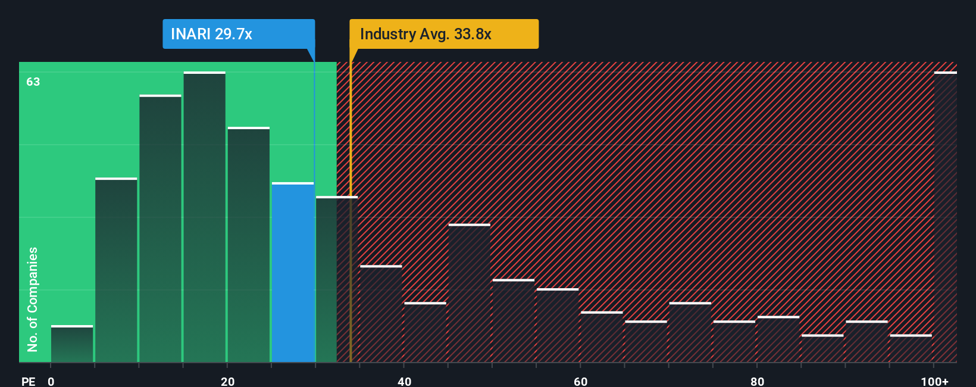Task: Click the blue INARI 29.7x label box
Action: [x=238, y=34]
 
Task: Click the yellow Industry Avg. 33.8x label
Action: [x=443, y=34]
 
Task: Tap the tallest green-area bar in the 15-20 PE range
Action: [x=205, y=217]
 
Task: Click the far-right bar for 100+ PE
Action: [x=945, y=217]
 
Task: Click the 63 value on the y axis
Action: [x=33, y=82]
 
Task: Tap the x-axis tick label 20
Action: [x=227, y=381]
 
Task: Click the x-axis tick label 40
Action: [x=404, y=381]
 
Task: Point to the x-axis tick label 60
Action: [x=581, y=381]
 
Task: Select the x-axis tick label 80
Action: [x=757, y=381]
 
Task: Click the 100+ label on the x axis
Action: [x=934, y=381]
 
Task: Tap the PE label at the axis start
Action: [x=28, y=381]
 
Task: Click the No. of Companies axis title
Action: [x=33, y=299]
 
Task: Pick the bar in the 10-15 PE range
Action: [x=161, y=229]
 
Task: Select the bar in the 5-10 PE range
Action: [x=116, y=270]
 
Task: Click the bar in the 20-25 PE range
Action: [x=249, y=245]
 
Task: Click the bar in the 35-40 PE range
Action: [x=381, y=314]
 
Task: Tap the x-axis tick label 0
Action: [x=51, y=381]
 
